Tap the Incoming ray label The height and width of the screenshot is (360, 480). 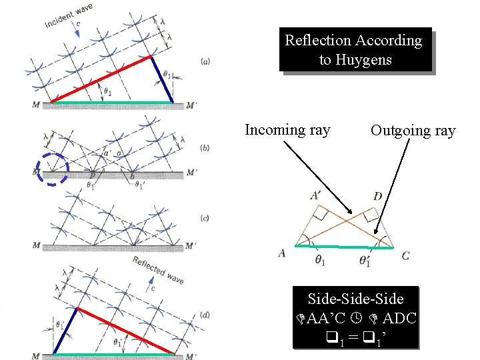click(287, 129)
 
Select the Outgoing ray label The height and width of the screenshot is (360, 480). click(413, 131)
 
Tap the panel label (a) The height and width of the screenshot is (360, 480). click(206, 61)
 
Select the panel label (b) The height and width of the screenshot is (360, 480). click(206, 148)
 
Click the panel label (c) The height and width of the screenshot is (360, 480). click(206, 217)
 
